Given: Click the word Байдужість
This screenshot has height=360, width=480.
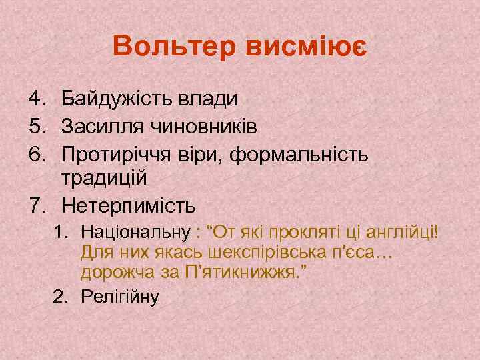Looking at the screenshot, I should [117, 99].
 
